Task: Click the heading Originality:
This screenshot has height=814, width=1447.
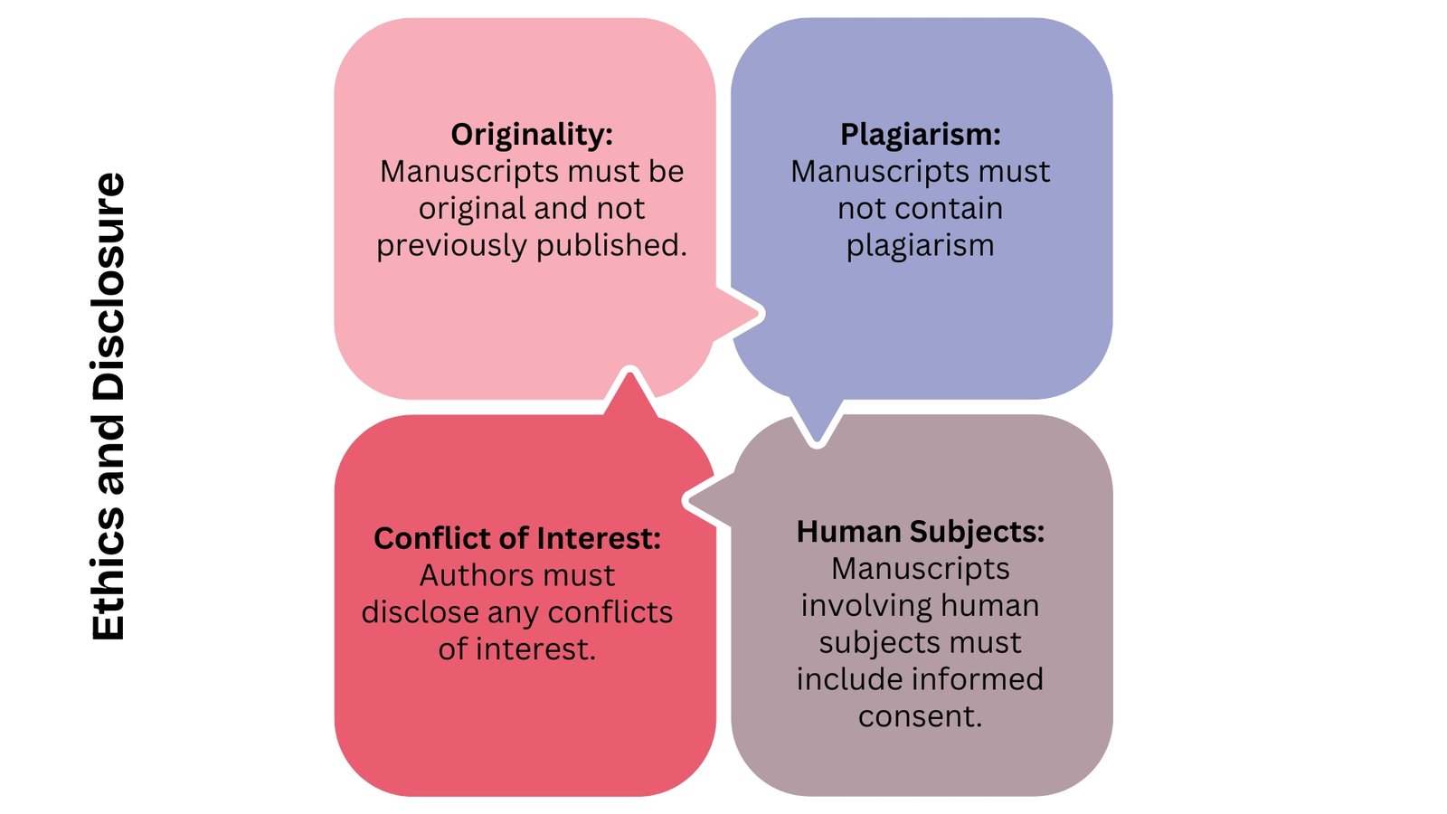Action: pos(532,134)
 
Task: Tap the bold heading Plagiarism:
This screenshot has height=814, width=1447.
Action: pos(921,134)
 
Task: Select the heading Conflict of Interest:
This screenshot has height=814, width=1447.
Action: pos(517,538)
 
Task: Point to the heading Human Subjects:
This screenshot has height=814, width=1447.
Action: pos(921,531)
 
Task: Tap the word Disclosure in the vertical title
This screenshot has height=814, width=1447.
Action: pos(109,288)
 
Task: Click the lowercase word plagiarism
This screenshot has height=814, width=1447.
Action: pos(921,245)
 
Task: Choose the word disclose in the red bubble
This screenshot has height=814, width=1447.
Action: pos(420,612)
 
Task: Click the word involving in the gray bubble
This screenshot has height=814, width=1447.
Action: pos(857,605)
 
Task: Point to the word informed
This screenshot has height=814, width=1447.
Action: pos(977,679)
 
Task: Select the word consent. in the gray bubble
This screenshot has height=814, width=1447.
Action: pos(921,716)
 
